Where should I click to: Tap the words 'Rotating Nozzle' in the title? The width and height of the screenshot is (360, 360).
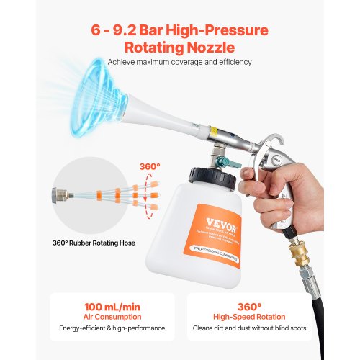pos(179,48)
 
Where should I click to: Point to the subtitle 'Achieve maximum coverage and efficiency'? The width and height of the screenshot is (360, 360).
pos(179,62)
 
